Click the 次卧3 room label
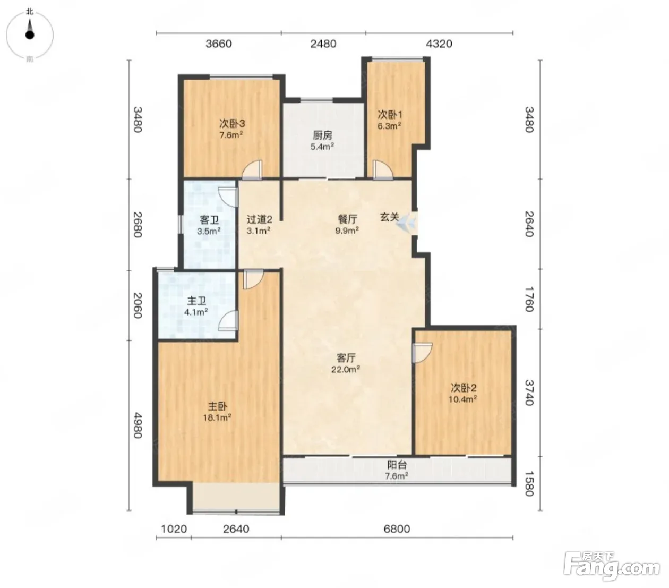tap(232, 124)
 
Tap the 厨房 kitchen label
tap(322, 135)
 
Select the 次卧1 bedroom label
tap(390, 115)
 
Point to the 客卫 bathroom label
tap(209, 220)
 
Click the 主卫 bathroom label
tap(196, 301)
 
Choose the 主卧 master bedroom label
tap(217, 406)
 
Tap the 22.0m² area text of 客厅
tap(346, 369)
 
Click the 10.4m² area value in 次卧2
tap(462, 399)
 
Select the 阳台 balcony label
tap(397, 465)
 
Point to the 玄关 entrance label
tap(389, 217)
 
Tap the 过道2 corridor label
tap(259, 219)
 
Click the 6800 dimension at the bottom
tap(397, 529)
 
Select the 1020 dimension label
tap(174, 529)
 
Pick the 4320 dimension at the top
tap(439, 44)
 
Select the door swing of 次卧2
tap(422, 353)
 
